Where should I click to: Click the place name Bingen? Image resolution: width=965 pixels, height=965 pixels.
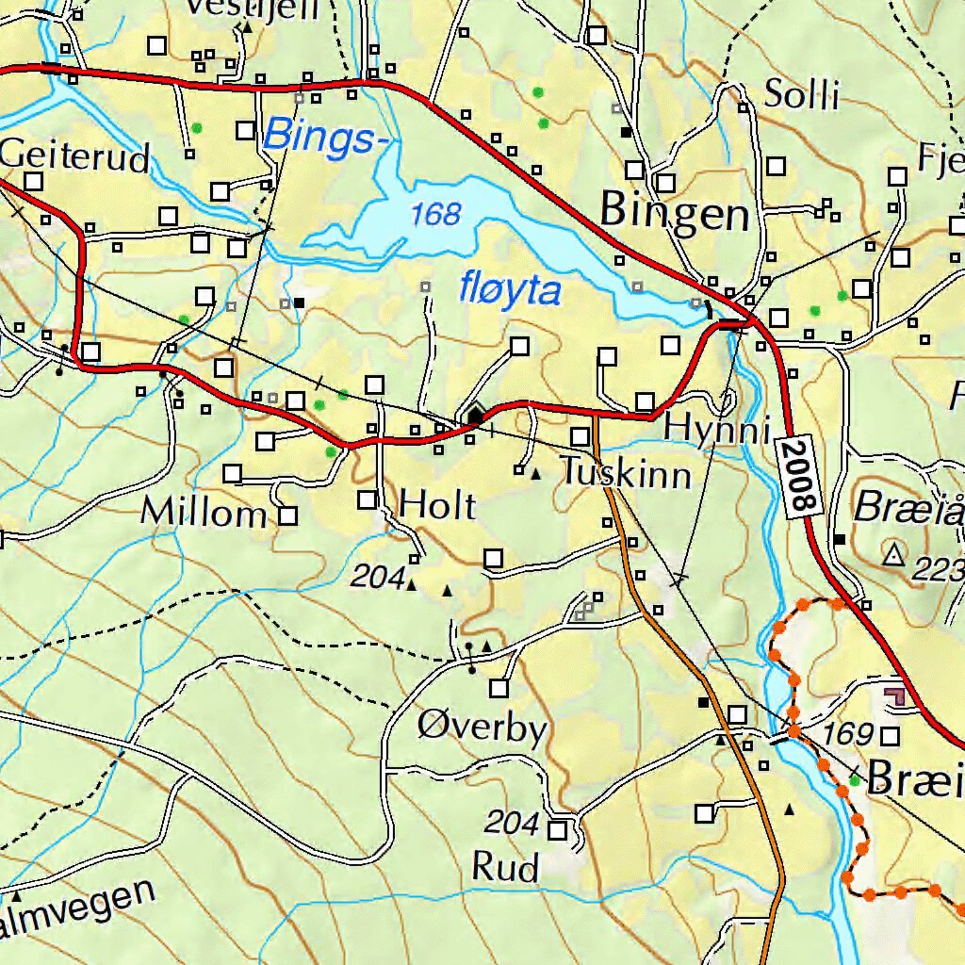click(675, 212)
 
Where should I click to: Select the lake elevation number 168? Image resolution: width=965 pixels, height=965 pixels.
click(436, 215)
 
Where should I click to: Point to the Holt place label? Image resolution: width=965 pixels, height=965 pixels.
click(437, 506)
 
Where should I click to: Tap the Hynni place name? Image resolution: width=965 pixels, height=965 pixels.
click(711, 427)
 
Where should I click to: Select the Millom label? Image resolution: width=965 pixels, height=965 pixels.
click(204, 514)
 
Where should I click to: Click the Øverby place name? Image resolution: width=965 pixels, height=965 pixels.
click(482, 728)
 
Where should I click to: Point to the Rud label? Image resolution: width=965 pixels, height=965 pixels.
click(505, 867)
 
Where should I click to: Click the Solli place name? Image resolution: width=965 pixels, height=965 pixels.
click(801, 95)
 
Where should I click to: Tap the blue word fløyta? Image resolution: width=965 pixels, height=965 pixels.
click(510, 290)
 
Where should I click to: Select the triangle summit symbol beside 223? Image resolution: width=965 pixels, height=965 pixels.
click(892, 555)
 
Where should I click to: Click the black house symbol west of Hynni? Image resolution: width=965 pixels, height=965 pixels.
click(476, 415)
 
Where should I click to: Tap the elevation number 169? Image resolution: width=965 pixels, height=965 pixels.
click(847, 733)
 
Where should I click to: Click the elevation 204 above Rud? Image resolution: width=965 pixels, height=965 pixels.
click(512, 824)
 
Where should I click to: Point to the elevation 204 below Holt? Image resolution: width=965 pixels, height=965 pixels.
click(377, 579)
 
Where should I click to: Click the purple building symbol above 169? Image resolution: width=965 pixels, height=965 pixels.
click(896, 696)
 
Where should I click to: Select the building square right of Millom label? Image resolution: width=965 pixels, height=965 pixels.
click(288, 515)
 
